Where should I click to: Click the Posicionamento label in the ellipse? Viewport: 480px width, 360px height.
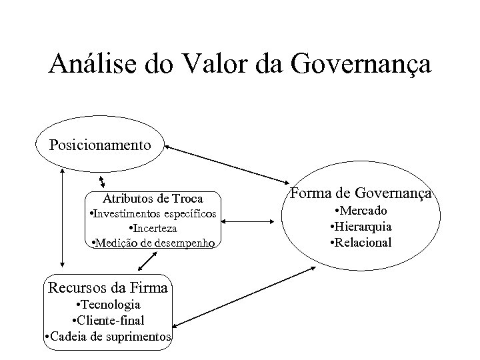[x=100, y=144]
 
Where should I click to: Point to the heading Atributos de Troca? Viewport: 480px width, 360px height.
[x=153, y=199]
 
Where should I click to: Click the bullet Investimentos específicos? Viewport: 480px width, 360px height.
[x=153, y=213]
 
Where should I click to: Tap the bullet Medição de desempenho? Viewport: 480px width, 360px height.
[x=153, y=243]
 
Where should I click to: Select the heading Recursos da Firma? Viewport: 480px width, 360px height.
[x=107, y=289]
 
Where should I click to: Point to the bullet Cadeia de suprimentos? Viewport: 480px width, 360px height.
[x=107, y=337]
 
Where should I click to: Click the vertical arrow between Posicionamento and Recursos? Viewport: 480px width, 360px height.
[x=62, y=217]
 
